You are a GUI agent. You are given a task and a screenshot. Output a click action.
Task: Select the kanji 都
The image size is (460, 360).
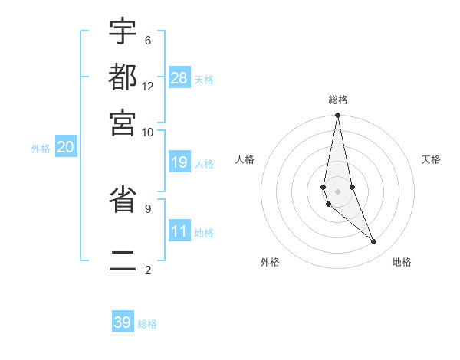123,77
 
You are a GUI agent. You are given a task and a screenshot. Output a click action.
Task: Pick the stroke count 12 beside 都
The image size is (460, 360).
148,87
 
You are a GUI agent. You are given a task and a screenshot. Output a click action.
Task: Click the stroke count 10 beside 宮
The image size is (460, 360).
148,132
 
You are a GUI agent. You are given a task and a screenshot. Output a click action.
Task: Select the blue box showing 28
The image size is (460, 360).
179,78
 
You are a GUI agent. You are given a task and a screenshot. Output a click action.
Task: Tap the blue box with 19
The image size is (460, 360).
179,162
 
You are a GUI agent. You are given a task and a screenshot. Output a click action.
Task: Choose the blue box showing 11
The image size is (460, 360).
179,231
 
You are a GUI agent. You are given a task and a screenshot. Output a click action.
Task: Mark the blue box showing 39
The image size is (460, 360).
123,322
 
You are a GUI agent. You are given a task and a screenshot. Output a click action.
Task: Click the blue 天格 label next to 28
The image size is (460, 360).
204,80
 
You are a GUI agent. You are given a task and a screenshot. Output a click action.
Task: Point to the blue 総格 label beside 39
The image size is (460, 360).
147,324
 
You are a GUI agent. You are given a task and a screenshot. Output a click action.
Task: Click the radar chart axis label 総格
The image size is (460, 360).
338,100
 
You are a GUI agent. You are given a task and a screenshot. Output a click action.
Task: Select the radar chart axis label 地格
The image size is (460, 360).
402,262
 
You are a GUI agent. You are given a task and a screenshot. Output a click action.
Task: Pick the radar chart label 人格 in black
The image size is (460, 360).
245,159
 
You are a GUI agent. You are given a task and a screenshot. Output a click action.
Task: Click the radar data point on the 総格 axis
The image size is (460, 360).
338,116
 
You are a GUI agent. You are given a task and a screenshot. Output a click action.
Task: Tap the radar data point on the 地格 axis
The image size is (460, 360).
374,242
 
